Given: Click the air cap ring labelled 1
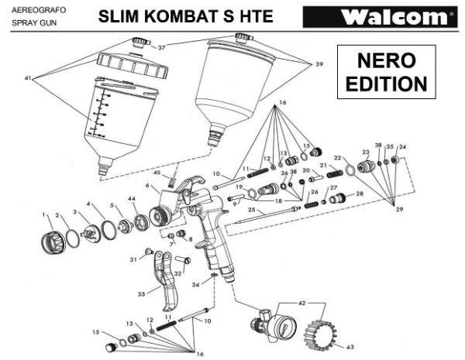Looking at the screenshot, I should pos(53,234).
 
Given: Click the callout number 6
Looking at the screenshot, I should pos(146,186).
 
